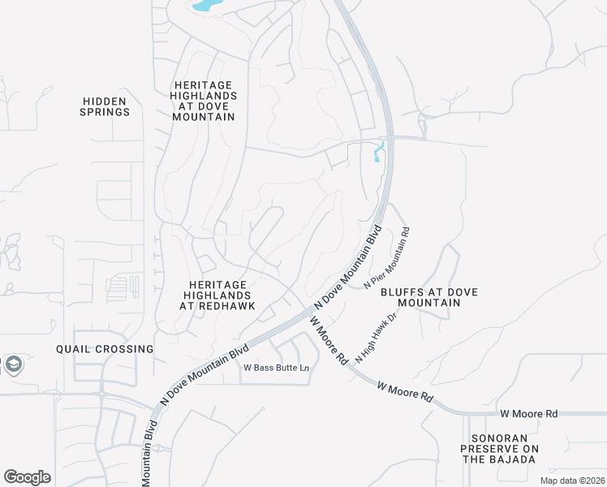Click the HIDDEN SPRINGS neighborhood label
click(105, 106)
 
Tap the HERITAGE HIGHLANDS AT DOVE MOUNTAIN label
click(204, 101)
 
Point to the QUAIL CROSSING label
click(105, 349)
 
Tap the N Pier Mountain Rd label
click(388, 258)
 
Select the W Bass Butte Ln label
click(277, 368)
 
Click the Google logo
click(27, 477)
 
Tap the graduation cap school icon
click(12, 364)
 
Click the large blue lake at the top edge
click(206, 6)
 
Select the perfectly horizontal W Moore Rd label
click(528, 414)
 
